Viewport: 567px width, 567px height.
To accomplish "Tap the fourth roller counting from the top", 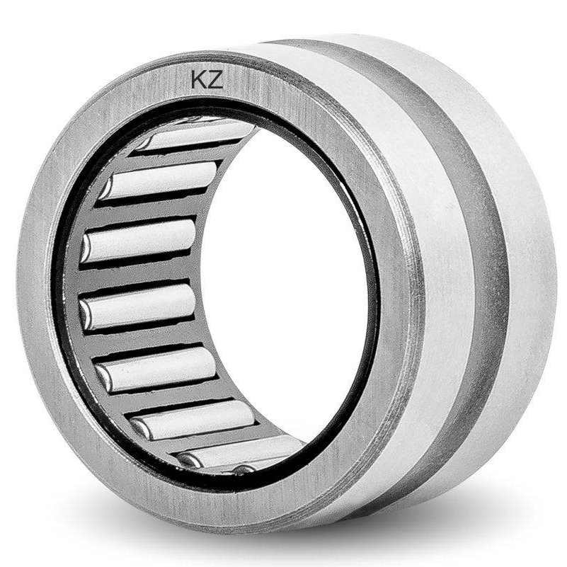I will (x=139, y=306).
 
